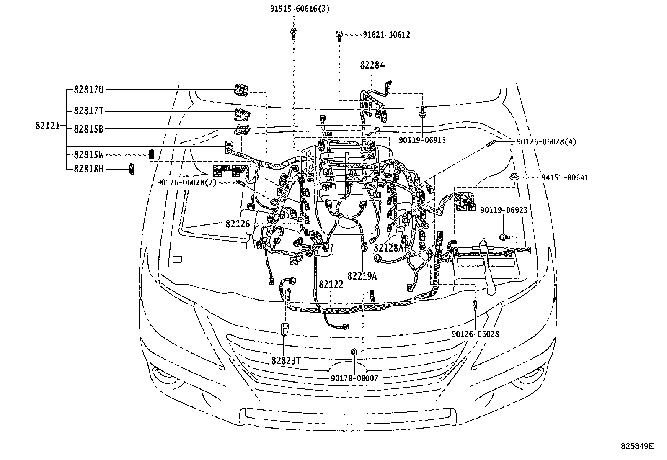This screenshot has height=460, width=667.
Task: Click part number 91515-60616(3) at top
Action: [300, 9]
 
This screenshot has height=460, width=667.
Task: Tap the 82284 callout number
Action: [372, 65]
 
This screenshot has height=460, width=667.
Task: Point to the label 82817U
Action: [88, 90]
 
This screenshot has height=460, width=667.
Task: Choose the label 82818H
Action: [88, 169]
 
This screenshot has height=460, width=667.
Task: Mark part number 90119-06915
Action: [422, 140]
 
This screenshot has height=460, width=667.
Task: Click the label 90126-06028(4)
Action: [546, 142]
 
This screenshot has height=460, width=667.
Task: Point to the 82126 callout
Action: [238, 224]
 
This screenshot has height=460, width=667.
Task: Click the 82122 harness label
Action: [331, 285]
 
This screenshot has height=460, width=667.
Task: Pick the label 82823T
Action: [286, 360]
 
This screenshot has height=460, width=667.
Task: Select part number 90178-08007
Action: [354, 378]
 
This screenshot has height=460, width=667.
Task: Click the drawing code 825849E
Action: [637, 446]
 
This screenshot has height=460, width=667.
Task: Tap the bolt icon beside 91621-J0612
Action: [339, 36]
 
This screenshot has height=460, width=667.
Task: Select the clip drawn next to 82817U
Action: [240, 89]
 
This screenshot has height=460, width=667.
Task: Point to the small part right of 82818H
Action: [130, 169]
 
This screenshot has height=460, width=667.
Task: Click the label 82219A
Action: [362, 276]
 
